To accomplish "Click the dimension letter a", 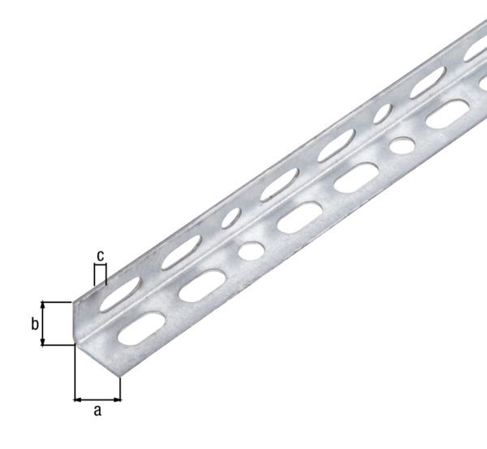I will (97, 412).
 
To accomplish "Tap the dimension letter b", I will (34, 324).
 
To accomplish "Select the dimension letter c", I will (100, 256).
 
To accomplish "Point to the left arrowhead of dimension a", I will (77, 399).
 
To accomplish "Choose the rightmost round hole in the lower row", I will (399, 146).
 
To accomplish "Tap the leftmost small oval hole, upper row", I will (234, 218).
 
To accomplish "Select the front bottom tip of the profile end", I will (119, 376).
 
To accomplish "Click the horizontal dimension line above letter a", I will (97, 399).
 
